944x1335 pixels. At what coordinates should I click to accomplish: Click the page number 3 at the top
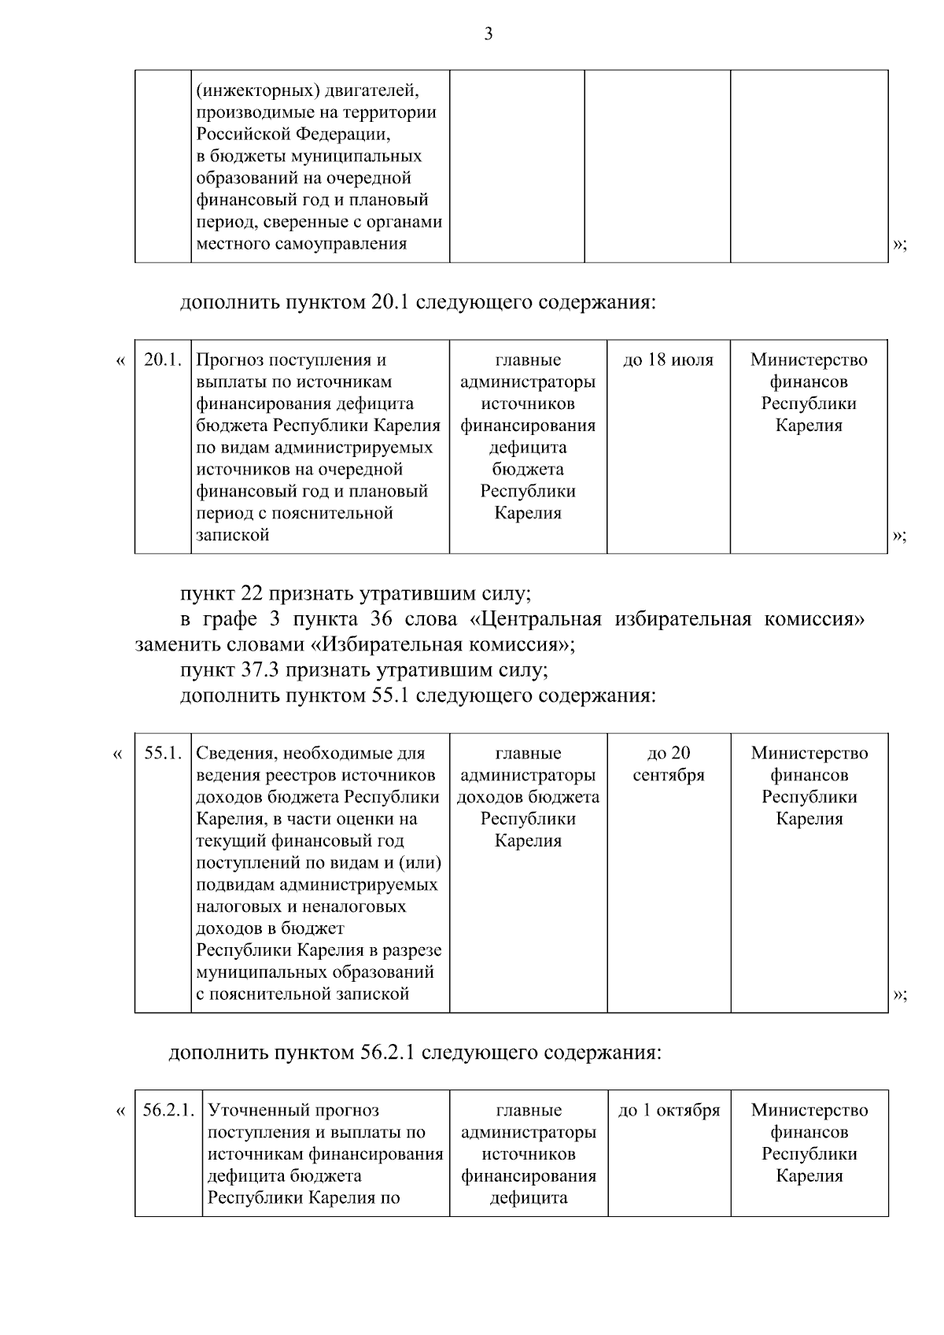point(488,34)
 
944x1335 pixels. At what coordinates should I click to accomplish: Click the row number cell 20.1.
point(163,360)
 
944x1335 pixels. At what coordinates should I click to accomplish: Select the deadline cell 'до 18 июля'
point(668,360)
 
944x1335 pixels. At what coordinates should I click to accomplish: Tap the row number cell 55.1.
point(163,753)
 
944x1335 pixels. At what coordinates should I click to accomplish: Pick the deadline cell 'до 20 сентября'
point(668,764)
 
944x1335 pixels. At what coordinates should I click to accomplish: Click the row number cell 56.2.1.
point(168,1110)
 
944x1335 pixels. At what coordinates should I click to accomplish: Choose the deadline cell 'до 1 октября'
point(669,1110)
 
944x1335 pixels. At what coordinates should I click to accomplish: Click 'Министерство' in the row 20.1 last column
point(809,360)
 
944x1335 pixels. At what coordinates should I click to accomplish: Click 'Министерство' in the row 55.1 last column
point(809,753)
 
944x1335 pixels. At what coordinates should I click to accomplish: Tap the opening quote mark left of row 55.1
point(118,754)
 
